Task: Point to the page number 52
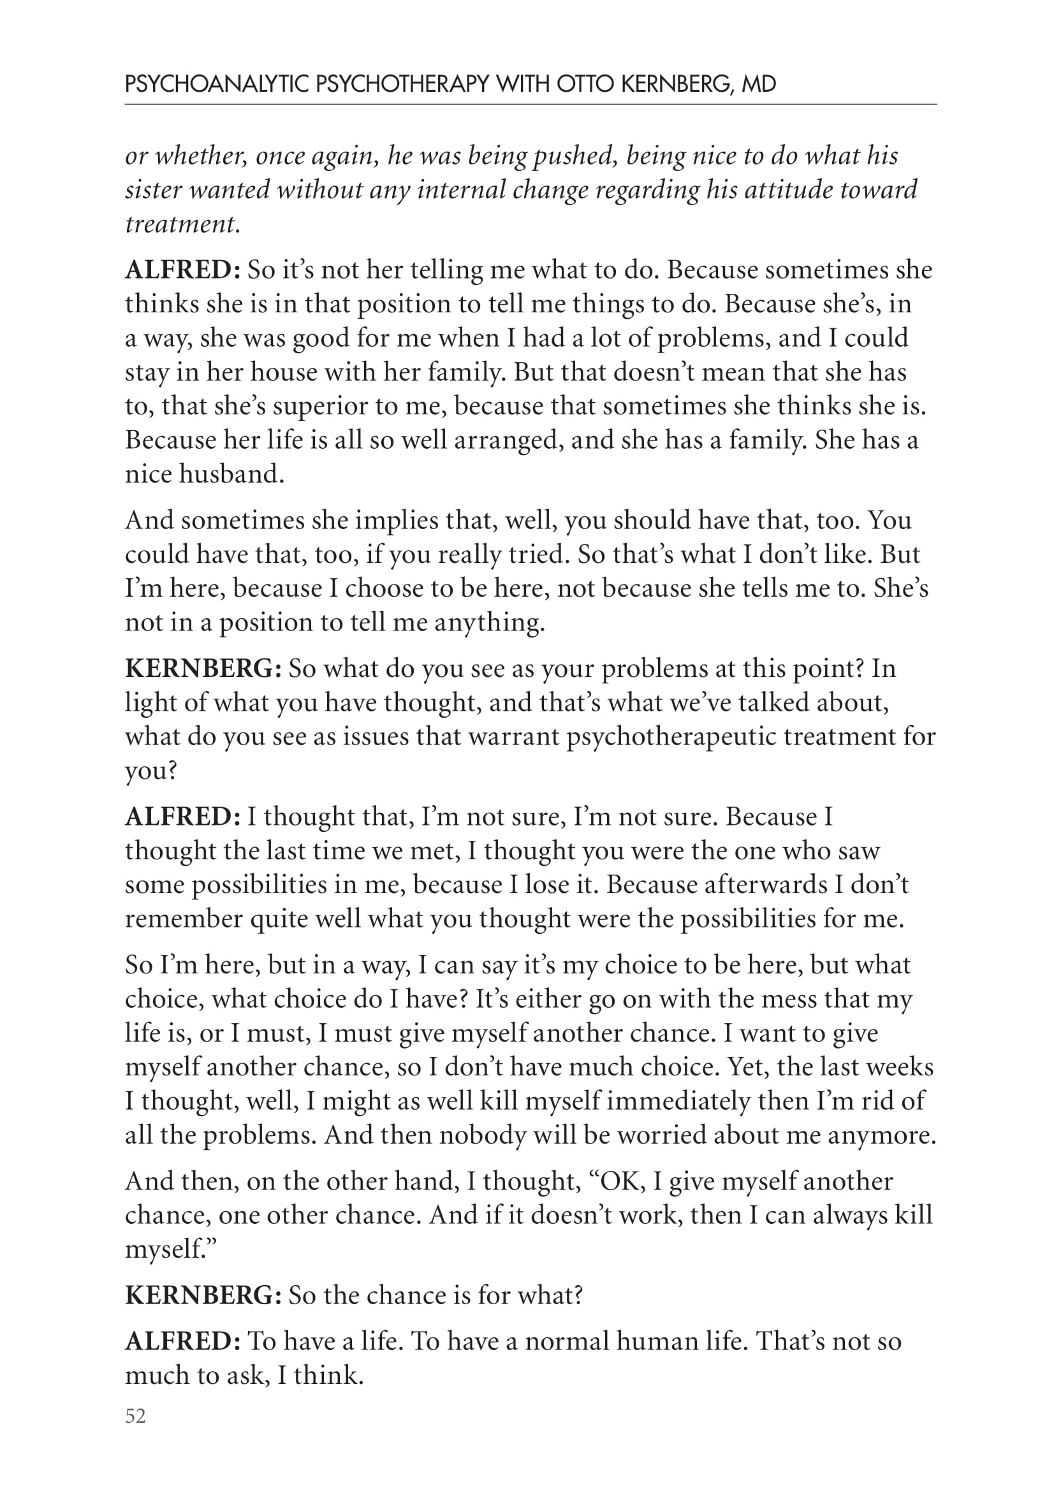136,1416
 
